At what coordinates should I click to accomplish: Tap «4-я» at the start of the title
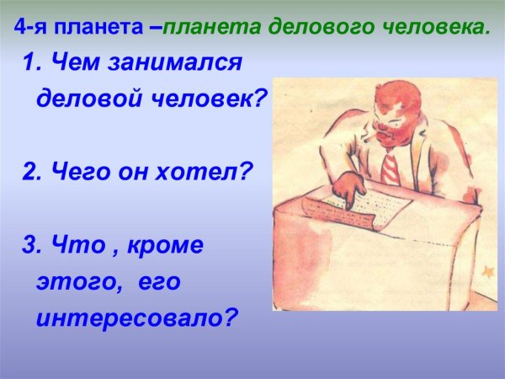coord(32,25)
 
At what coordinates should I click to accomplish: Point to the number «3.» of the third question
coord(33,247)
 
